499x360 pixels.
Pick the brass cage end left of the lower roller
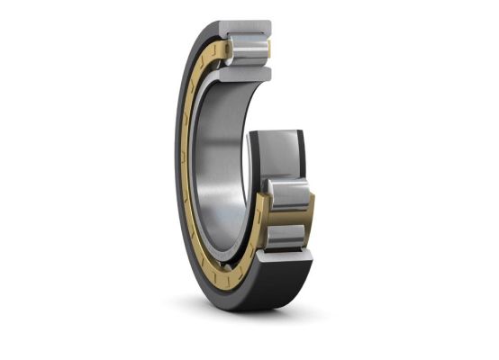pyautogui.click(x=259, y=216)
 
